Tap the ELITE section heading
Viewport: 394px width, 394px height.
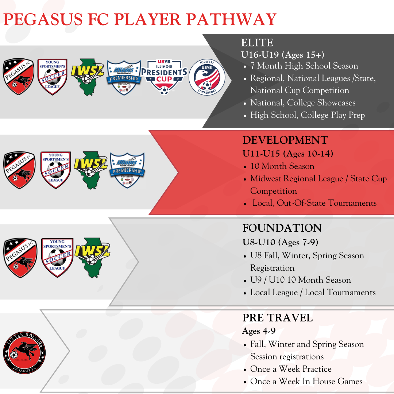coord(257,43)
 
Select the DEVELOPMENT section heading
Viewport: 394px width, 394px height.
coord(285,140)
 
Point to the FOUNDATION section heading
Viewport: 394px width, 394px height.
coord(282,228)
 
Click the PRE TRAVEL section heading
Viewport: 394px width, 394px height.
coord(277,318)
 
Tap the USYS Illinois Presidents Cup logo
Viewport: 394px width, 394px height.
coord(164,77)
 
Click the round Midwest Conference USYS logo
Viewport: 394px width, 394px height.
coord(207,77)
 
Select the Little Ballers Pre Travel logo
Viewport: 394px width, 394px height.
coord(24,353)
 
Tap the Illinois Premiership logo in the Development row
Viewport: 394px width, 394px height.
coord(127,170)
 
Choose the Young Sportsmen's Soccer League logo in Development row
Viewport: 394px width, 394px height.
coord(55,170)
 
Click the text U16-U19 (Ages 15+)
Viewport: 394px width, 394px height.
coord(283,55)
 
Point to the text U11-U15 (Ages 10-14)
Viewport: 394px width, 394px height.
coord(288,154)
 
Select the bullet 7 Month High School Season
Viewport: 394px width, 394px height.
coord(304,66)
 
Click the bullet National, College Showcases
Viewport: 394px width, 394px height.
coord(302,103)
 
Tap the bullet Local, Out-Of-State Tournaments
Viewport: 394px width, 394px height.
coord(314,203)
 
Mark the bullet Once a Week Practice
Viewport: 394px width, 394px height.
coord(291,369)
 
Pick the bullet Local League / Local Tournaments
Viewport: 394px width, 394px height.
coord(313,293)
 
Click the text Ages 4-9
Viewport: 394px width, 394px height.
coord(259,331)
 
